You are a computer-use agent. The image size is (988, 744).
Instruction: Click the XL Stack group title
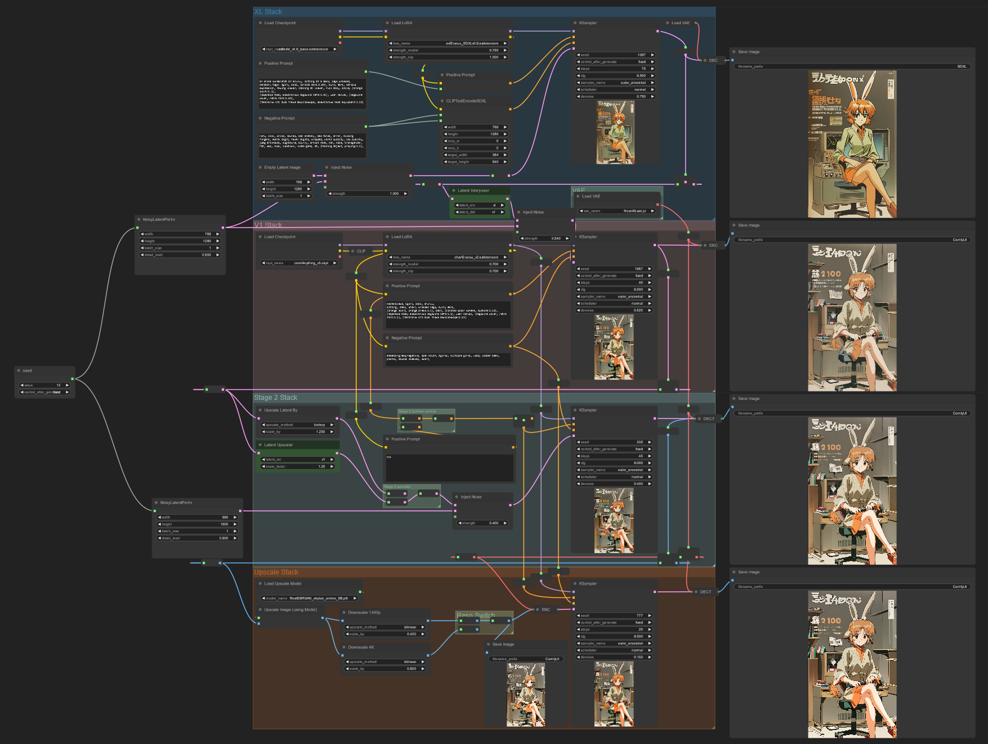click(268, 12)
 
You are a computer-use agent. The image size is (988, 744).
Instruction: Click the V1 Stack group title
click(268, 225)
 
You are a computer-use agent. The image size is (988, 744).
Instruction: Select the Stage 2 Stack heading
click(275, 398)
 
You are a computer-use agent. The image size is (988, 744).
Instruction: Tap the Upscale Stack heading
click(276, 572)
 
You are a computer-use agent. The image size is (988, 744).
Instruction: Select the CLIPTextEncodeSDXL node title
click(466, 101)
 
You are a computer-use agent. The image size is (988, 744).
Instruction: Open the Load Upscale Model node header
click(283, 583)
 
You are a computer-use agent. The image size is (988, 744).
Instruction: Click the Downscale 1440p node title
click(364, 612)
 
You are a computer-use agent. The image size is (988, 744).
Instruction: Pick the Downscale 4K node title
click(361, 647)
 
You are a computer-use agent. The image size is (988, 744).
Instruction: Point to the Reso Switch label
click(476, 615)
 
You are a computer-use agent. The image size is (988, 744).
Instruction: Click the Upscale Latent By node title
click(280, 410)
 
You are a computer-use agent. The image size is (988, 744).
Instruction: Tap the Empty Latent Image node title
click(282, 167)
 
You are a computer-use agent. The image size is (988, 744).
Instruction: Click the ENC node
click(545, 609)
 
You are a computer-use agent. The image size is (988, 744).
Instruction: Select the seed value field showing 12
click(44, 385)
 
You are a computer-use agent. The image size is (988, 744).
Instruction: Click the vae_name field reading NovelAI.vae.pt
click(618, 211)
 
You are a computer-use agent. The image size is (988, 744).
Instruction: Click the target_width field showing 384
click(475, 155)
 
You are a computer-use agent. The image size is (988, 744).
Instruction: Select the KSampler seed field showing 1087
click(615, 55)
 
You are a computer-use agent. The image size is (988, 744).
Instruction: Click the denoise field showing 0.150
click(614, 657)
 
